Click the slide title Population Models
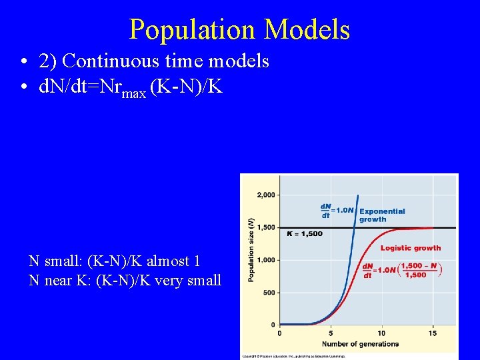[x=239, y=29]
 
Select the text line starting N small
[x=115, y=261]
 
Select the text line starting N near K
[x=125, y=281]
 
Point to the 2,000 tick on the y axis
[x=265, y=195]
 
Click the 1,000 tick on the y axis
[x=265, y=260]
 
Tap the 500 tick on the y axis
[x=268, y=293]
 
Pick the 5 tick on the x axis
[x=331, y=333]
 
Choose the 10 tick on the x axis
[x=382, y=333]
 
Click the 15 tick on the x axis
[x=433, y=333]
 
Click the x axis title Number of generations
[x=359, y=344]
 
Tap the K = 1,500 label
[x=304, y=234]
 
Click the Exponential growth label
[x=382, y=215]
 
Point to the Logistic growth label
[x=411, y=248]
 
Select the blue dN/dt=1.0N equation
[x=337, y=211]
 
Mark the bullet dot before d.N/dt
[x=23, y=87]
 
